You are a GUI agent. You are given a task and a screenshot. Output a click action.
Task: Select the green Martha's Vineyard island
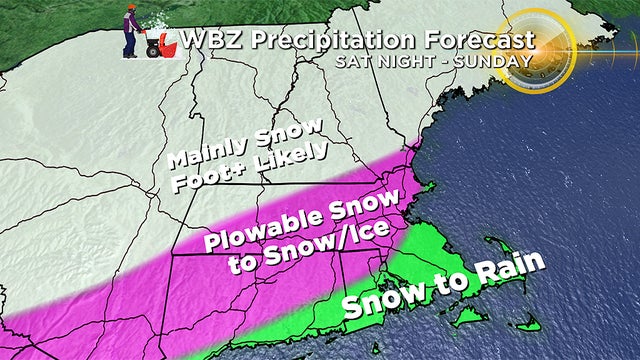click(x=466, y=316)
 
